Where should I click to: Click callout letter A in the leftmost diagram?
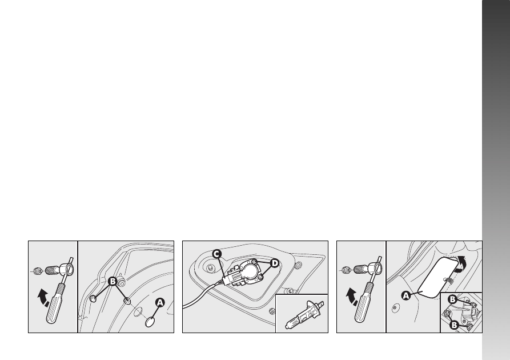[x=159, y=303]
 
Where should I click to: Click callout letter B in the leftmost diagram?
[x=112, y=281]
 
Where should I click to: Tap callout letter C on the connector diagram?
[x=217, y=254]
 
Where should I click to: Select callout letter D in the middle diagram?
[x=275, y=263]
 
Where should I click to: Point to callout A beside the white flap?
[x=406, y=296]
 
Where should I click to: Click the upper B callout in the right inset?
[x=452, y=299]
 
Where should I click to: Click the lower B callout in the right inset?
[x=454, y=325]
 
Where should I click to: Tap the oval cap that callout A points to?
[x=150, y=322]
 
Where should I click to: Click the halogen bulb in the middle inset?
[x=302, y=315]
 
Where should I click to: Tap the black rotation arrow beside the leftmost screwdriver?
[x=43, y=298]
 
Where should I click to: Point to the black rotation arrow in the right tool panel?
[x=352, y=297]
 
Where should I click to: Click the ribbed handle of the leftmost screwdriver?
[x=55, y=303]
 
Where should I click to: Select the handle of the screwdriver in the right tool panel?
[x=364, y=302]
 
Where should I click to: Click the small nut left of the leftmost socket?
[x=37, y=270]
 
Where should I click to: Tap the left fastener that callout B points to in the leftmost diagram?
[x=93, y=298]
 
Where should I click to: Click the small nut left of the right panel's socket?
[x=345, y=270]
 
